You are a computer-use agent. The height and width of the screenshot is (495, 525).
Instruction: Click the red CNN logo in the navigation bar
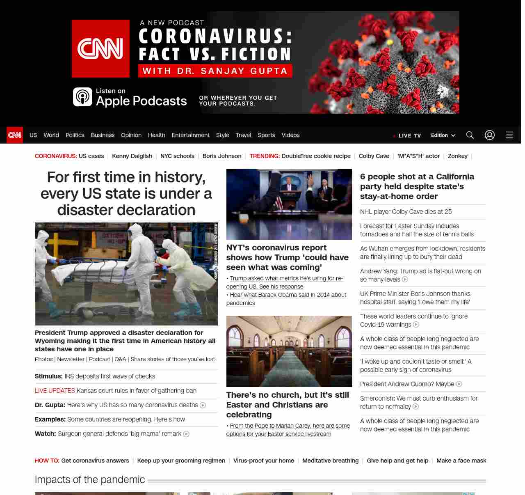click(15, 135)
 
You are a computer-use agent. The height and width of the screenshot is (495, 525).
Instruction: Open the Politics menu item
click(75, 135)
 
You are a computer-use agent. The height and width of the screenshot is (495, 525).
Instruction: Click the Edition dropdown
click(443, 135)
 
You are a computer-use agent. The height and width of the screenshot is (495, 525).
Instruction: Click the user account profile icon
click(489, 135)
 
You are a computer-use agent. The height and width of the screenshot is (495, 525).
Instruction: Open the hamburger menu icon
click(509, 135)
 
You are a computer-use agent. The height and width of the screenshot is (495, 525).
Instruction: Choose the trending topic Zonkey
click(457, 156)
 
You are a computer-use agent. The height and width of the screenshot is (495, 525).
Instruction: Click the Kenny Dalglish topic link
click(132, 156)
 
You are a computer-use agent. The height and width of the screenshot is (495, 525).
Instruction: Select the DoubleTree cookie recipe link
click(316, 156)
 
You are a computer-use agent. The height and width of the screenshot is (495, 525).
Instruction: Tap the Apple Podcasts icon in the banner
click(82, 97)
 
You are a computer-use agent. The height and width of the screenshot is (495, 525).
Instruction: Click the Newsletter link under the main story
click(71, 359)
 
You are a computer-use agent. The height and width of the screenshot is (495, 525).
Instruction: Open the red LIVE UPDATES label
click(55, 391)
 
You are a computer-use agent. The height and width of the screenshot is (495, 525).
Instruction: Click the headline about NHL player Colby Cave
click(406, 212)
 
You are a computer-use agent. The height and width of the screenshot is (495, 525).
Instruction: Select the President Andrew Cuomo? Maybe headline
click(407, 384)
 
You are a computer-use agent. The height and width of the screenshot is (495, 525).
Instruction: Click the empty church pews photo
click(289, 351)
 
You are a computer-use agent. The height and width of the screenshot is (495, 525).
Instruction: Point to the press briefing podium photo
click(289, 204)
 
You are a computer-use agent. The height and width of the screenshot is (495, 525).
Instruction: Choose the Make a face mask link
click(461, 461)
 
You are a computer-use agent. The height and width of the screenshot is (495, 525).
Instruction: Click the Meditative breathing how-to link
click(330, 461)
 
